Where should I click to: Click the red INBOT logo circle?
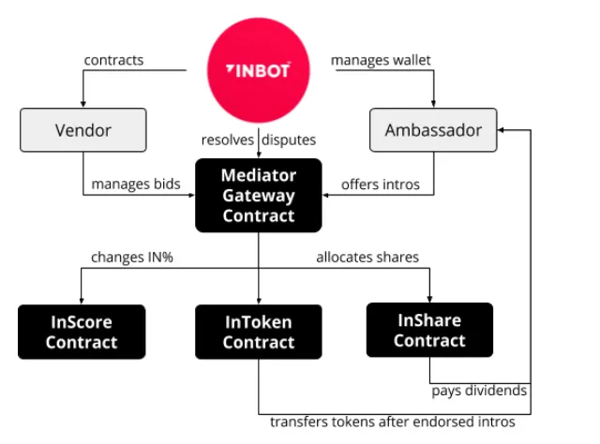pos(259,70)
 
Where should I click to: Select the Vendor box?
pos(83,130)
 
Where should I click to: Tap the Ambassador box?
pos(433,130)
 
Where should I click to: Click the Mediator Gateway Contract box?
pos(259,195)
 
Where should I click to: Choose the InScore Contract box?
pos(82,332)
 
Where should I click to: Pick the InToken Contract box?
pos(259,332)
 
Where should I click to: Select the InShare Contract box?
pos(429,330)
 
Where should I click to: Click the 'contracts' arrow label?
pos(113,60)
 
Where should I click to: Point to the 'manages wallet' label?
pos(381,61)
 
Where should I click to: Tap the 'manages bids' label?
pos(136,185)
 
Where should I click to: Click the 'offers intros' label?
pos(381,185)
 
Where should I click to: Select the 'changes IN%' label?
pos(132,257)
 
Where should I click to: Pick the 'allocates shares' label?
pos(367,257)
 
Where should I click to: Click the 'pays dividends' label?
pos(479,391)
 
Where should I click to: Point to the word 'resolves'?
pos(228,140)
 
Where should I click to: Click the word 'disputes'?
pos(289,140)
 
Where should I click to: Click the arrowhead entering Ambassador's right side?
pos(500,130)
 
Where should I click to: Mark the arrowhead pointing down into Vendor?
pos(83,105)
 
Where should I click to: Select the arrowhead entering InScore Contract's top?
pos(82,302)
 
